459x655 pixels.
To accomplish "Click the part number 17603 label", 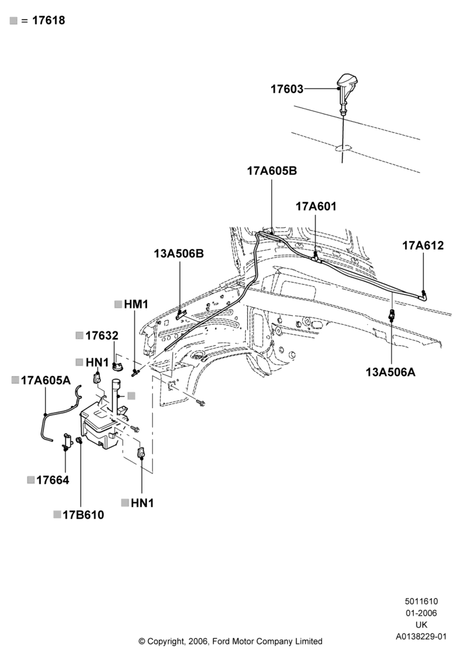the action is (x=287, y=89).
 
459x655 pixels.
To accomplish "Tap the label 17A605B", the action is (x=271, y=171).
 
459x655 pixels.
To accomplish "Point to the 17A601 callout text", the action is (x=316, y=206).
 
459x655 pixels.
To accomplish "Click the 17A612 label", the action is (x=423, y=245).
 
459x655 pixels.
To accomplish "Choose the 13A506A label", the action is (x=391, y=372).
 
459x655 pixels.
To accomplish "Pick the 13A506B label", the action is (x=179, y=253).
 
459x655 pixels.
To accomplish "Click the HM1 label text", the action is (x=136, y=304).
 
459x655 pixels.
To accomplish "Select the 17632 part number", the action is (x=102, y=336).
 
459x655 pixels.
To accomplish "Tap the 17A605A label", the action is (x=46, y=380).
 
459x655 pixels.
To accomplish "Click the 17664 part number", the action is (x=52, y=480).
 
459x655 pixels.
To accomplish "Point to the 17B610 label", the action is (x=83, y=515).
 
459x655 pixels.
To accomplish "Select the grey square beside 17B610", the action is (x=57, y=515).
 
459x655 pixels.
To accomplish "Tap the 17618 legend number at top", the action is (x=49, y=20).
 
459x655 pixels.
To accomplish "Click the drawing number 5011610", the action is (x=422, y=601).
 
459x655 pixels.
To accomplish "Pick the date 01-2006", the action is (x=422, y=613).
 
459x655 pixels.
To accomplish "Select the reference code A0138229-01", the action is (x=422, y=637).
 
